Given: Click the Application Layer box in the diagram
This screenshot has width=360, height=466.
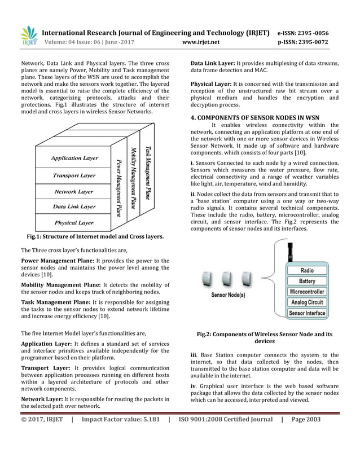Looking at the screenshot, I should point(74,158).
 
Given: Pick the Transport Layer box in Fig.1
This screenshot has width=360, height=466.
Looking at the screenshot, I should point(74,175).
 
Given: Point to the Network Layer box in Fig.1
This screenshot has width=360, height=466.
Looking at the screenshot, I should point(74,191).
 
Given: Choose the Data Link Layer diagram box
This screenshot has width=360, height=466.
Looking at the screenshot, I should point(74,206).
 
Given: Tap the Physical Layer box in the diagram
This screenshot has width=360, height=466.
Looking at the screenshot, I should point(74,222).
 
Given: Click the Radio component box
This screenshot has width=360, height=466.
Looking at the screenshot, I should point(307,271).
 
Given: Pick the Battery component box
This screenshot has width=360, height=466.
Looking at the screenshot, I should point(307,281).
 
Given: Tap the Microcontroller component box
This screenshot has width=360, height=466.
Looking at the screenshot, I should point(307,292).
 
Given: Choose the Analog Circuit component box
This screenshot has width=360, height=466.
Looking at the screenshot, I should point(307,302).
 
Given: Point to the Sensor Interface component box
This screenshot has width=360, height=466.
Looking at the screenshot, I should point(307,313).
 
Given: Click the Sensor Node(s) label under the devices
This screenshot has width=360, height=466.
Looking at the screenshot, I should point(227,294).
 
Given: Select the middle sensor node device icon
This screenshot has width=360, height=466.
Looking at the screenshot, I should point(227,278).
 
